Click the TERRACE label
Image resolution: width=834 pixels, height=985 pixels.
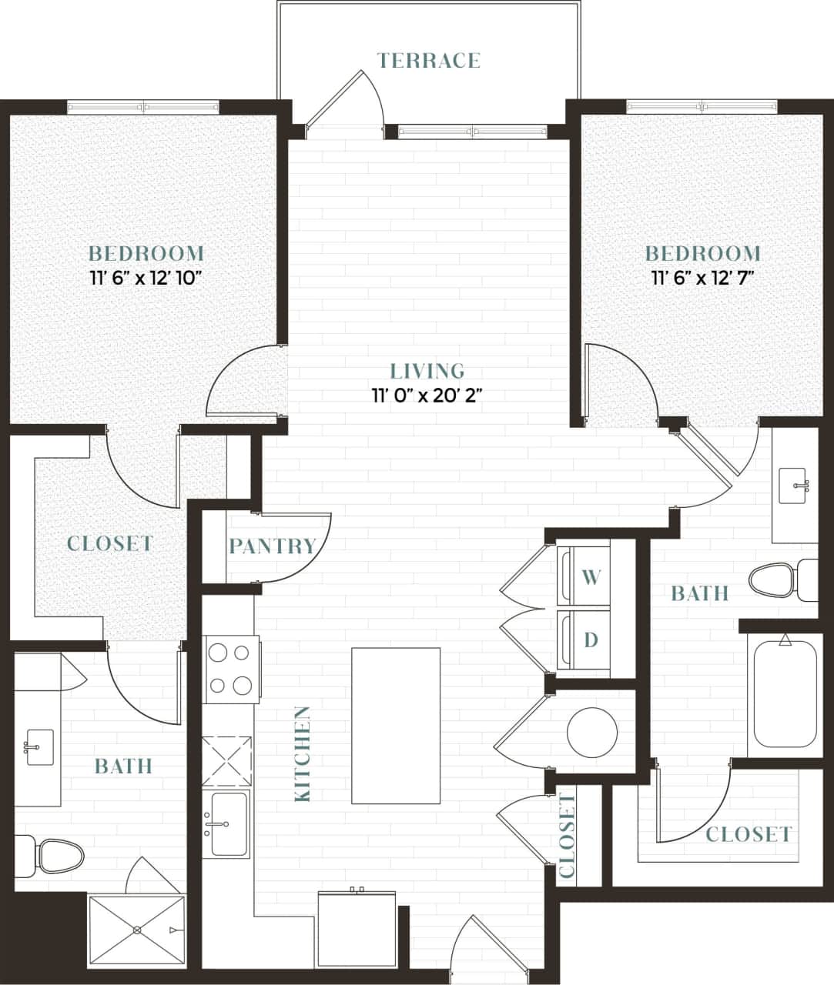(x=429, y=61)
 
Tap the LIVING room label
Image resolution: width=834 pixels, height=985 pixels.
(x=427, y=371)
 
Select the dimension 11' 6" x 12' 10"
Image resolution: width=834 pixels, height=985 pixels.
(x=146, y=278)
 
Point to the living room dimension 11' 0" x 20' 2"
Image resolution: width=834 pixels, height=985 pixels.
(x=427, y=396)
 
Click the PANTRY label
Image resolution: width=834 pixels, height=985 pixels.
(x=273, y=546)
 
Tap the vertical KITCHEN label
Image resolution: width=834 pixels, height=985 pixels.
(x=303, y=754)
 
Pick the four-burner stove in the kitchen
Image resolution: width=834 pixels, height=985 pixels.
(x=231, y=669)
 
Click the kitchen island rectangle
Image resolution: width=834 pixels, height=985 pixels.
(x=396, y=726)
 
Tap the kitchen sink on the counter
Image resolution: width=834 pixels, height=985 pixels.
(x=226, y=823)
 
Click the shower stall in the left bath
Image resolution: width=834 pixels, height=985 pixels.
(x=137, y=930)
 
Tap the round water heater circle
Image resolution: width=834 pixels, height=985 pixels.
(x=592, y=732)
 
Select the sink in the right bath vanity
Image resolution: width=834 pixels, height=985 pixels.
(x=792, y=486)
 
